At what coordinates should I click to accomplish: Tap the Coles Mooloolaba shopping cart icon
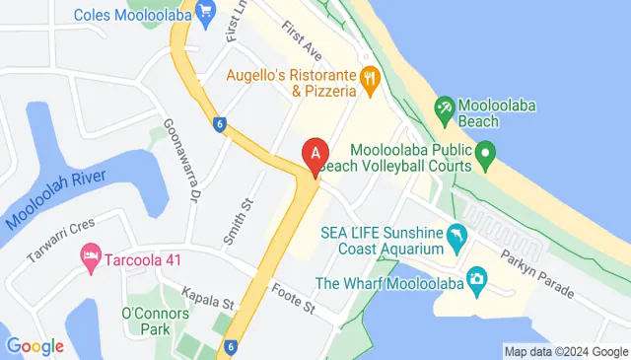pos(206,13)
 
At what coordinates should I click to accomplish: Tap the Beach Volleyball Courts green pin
pos(485,153)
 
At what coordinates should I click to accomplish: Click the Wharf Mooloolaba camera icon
pos(477,282)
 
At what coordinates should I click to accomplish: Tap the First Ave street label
pos(301,37)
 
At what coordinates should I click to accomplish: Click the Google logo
pos(35,346)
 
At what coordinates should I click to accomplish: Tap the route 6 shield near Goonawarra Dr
pos(218,123)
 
